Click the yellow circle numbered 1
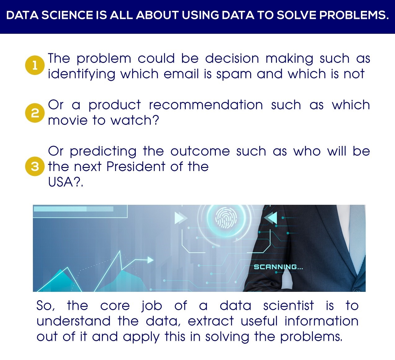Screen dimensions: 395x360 35,65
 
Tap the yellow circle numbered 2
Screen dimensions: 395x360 35,113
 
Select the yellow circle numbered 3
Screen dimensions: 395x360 35,166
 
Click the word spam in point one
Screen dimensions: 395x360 234,74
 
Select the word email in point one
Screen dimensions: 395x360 181,74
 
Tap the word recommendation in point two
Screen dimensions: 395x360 206,104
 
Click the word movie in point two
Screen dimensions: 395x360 68,120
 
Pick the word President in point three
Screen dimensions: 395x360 136,166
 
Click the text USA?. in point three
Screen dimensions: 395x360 65,182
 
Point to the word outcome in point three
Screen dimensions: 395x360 200,151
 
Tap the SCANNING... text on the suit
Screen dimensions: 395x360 278,267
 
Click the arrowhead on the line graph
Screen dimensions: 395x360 150,260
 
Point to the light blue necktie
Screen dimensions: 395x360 357,239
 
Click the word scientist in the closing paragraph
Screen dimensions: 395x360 288,305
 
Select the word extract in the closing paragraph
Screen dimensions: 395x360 211,321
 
